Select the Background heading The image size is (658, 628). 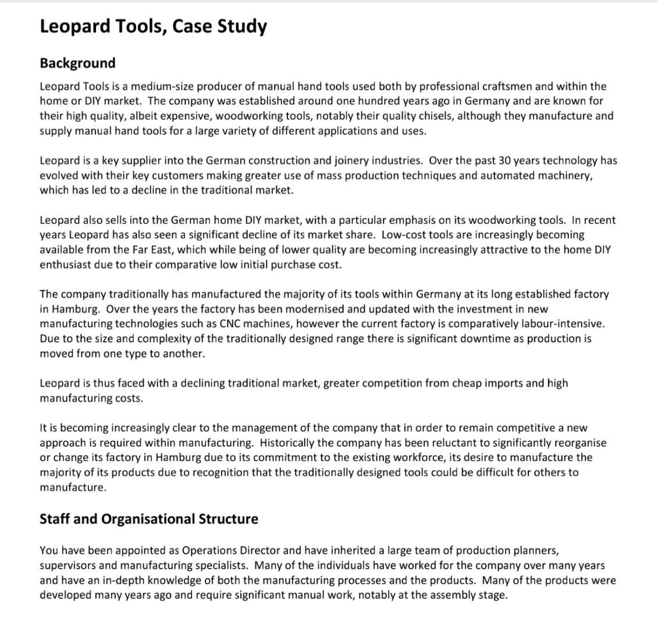[77, 63]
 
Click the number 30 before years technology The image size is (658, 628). [493, 160]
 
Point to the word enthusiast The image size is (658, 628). [66, 265]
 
